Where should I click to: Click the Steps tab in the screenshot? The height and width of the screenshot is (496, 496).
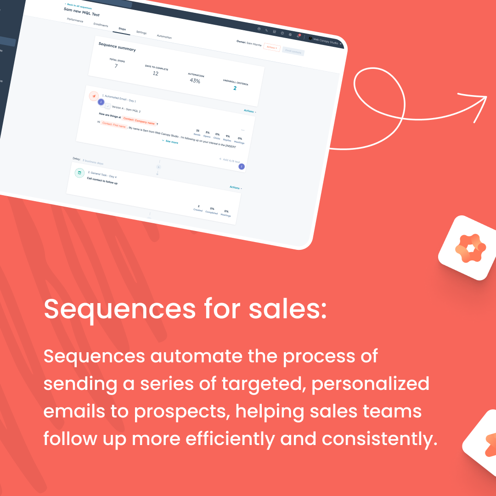point(122,29)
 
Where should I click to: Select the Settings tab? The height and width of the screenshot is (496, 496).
point(141,33)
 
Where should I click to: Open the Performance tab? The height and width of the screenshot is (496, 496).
point(75,20)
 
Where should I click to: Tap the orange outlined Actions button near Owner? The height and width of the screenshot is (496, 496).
point(271,47)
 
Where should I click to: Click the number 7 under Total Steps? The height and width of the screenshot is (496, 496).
point(116,66)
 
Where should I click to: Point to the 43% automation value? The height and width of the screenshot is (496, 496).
point(195,81)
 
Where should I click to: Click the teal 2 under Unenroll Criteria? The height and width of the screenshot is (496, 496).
point(235,88)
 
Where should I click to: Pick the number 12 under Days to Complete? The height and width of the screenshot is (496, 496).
point(155,73)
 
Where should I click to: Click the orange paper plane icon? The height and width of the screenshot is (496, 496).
point(94,96)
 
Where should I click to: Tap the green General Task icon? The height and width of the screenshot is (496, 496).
point(79,173)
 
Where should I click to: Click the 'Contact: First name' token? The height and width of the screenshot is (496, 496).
point(113,125)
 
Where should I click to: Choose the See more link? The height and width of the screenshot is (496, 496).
point(170,142)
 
